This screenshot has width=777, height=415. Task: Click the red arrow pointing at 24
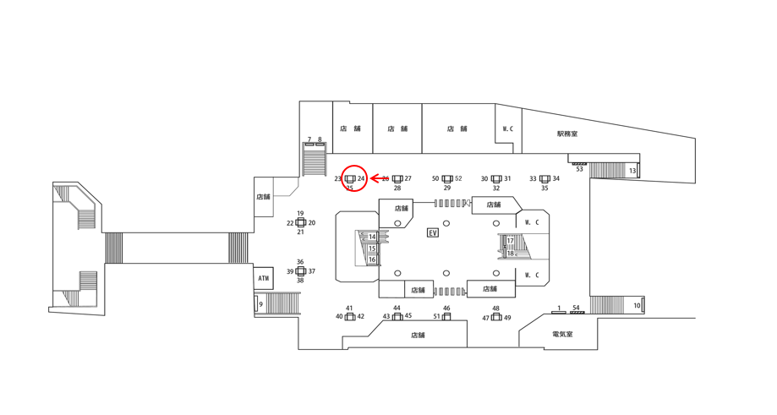tap(377, 178)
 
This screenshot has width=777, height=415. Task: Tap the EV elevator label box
tap(433, 232)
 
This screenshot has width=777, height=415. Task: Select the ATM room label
tap(264, 278)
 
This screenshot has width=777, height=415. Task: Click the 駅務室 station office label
tap(567, 134)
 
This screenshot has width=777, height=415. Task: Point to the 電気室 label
tap(562, 335)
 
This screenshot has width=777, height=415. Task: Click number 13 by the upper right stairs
tap(632, 172)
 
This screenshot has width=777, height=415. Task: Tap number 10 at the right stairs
tap(637, 305)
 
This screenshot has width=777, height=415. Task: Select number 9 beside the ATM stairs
tap(261, 304)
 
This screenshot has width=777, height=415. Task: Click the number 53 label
tap(580, 169)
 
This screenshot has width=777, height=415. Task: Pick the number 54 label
tap(577, 308)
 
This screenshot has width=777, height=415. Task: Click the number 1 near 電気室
tap(559, 308)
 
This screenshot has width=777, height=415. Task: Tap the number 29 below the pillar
tap(447, 188)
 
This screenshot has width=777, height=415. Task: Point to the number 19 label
tap(300, 214)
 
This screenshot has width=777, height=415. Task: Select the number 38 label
tap(300, 281)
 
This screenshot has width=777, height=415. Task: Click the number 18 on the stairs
tap(511, 253)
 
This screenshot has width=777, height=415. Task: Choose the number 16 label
tap(372, 259)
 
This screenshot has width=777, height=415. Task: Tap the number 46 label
tap(446, 309)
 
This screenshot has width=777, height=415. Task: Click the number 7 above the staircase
tap(309, 139)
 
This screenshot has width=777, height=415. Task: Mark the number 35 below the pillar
tap(544, 188)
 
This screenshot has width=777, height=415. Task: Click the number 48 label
tap(496, 309)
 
